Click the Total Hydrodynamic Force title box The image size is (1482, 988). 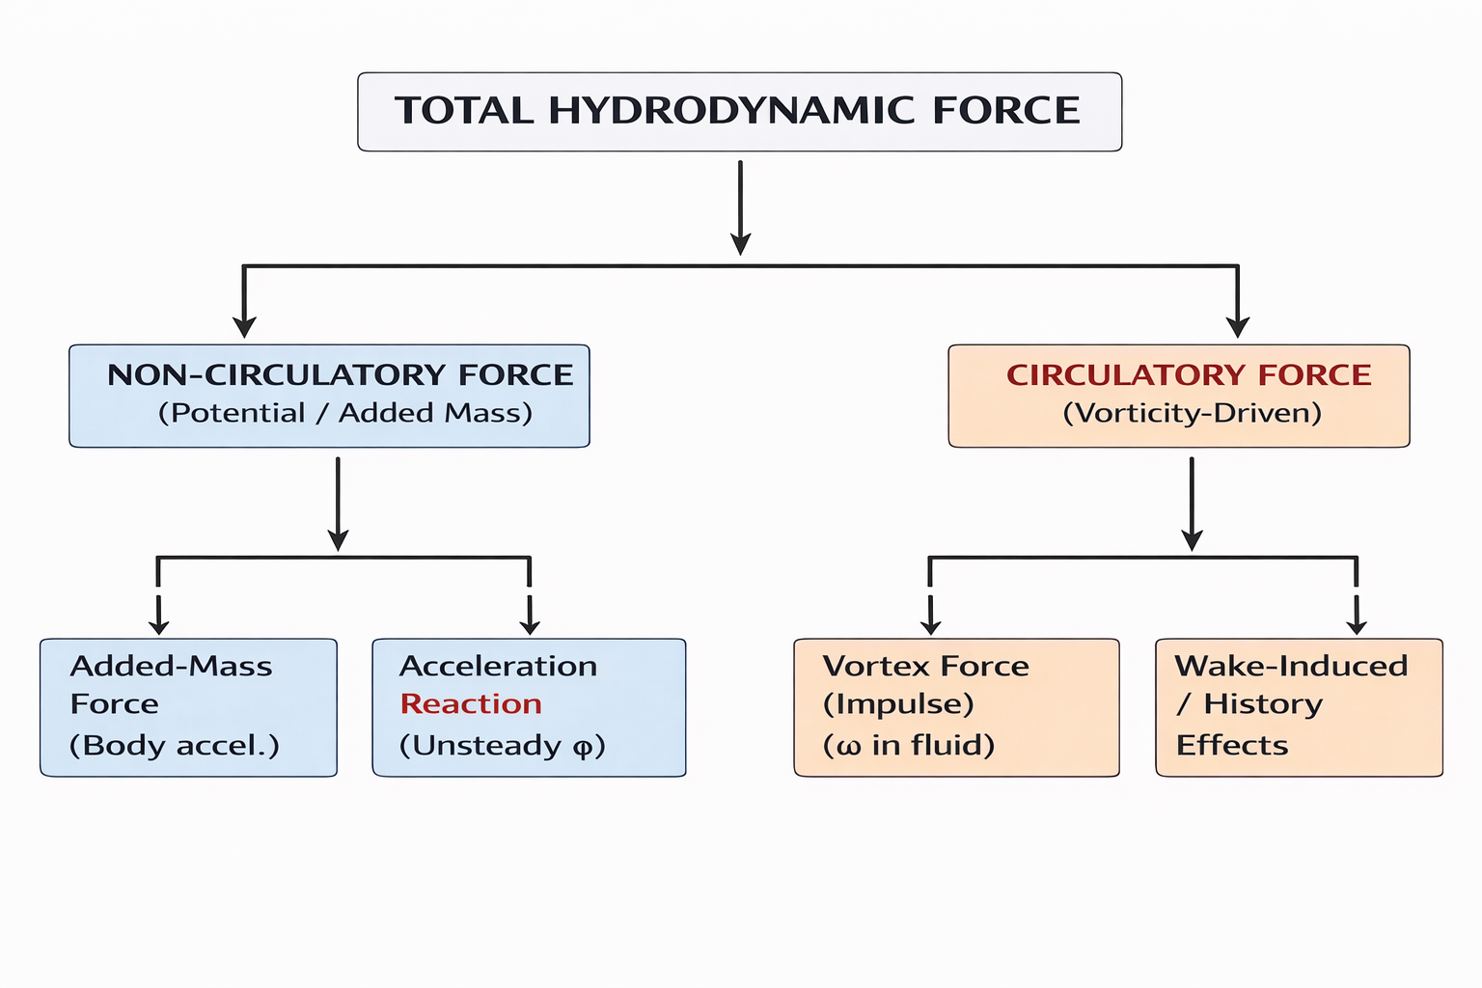[739, 112]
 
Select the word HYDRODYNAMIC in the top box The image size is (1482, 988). [731, 111]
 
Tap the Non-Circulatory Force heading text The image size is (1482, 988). [340, 374]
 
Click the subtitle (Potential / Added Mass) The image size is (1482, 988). [345, 413]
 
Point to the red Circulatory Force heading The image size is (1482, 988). [1189, 374]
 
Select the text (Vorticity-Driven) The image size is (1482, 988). [1192, 413]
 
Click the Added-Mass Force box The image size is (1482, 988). [188, 707]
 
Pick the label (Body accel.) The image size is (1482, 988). [175, 746]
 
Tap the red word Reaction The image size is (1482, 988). [471, 704]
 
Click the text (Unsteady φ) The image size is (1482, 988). [502, 746]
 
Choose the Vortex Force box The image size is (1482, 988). [956, 707]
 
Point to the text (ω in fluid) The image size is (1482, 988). [908, 746]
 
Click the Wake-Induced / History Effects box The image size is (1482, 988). [1299, 707]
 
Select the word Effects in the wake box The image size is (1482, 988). [1232, 746]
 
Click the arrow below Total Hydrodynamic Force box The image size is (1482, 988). [740, 207]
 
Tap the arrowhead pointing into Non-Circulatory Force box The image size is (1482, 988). [245, 325]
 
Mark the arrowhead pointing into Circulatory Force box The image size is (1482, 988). [1237, 325]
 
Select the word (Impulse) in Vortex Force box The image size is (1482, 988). [898, 704]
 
